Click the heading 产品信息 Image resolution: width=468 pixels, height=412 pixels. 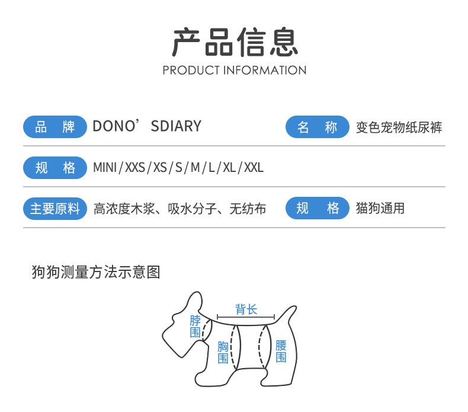pos(235,42)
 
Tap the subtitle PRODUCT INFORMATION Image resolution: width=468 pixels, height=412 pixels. pos(235,70)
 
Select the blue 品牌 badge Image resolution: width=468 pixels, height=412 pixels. pos(55,127)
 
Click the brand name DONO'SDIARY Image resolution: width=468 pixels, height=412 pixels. pos(147,126)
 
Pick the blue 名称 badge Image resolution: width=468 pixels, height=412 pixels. pos(317,127)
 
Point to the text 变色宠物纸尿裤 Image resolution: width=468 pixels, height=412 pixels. pos(399,127)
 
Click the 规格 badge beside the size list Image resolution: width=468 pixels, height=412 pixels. pos(55,168)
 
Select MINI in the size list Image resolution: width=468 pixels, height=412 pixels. pos(105,168)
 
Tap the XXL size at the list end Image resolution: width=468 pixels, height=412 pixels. pos(254,168)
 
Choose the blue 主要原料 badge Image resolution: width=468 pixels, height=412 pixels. pos(55,209)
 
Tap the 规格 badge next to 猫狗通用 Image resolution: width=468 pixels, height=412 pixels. pos(317,209)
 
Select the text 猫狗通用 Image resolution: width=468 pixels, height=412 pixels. pos(380,209)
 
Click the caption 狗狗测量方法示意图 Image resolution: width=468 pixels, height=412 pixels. pos(96,272)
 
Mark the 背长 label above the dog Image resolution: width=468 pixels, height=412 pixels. pos(246,309)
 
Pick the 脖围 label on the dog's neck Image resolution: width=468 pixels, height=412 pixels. pos(195,327)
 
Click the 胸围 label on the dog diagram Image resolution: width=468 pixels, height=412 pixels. pos(223,352)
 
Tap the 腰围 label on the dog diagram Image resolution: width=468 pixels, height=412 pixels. pos(281,351)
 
